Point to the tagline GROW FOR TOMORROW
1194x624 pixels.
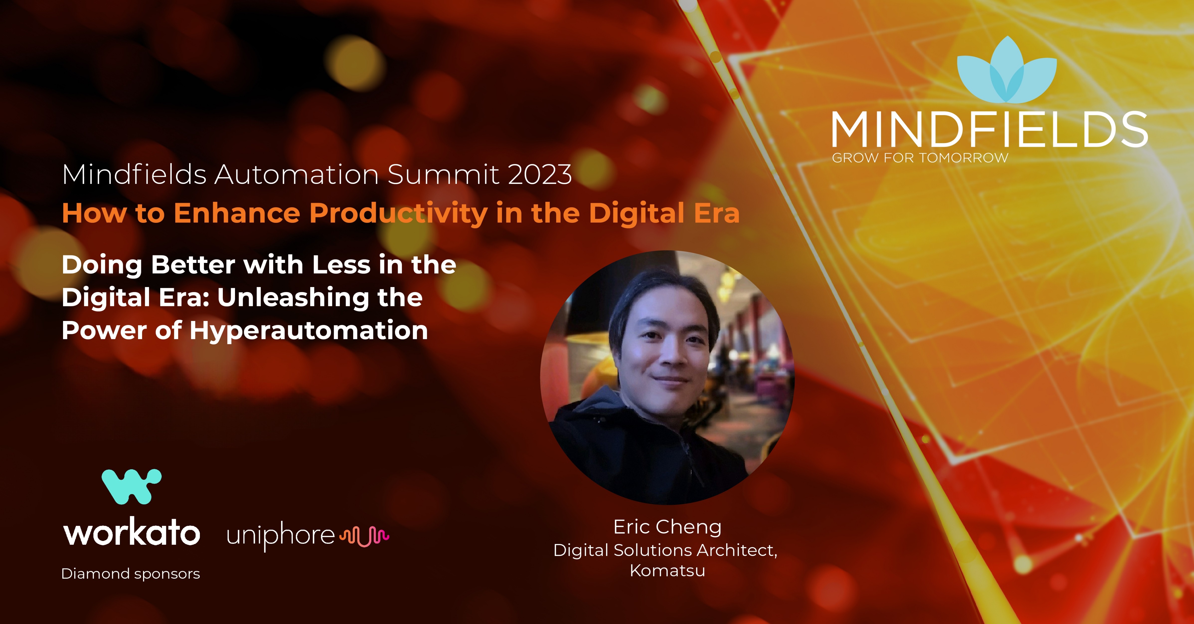point(920,158)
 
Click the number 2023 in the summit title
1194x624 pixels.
point(540,175)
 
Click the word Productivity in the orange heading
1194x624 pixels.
point(398,214)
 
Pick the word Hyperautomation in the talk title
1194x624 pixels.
point(309,331)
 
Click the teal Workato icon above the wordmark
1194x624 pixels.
point(132,486)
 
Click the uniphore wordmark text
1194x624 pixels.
point(280,536)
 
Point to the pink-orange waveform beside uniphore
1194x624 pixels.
point(364,536)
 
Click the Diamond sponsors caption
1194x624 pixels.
point(131,574)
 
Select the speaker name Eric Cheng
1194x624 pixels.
point(667,527)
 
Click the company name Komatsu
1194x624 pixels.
point(667,570)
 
